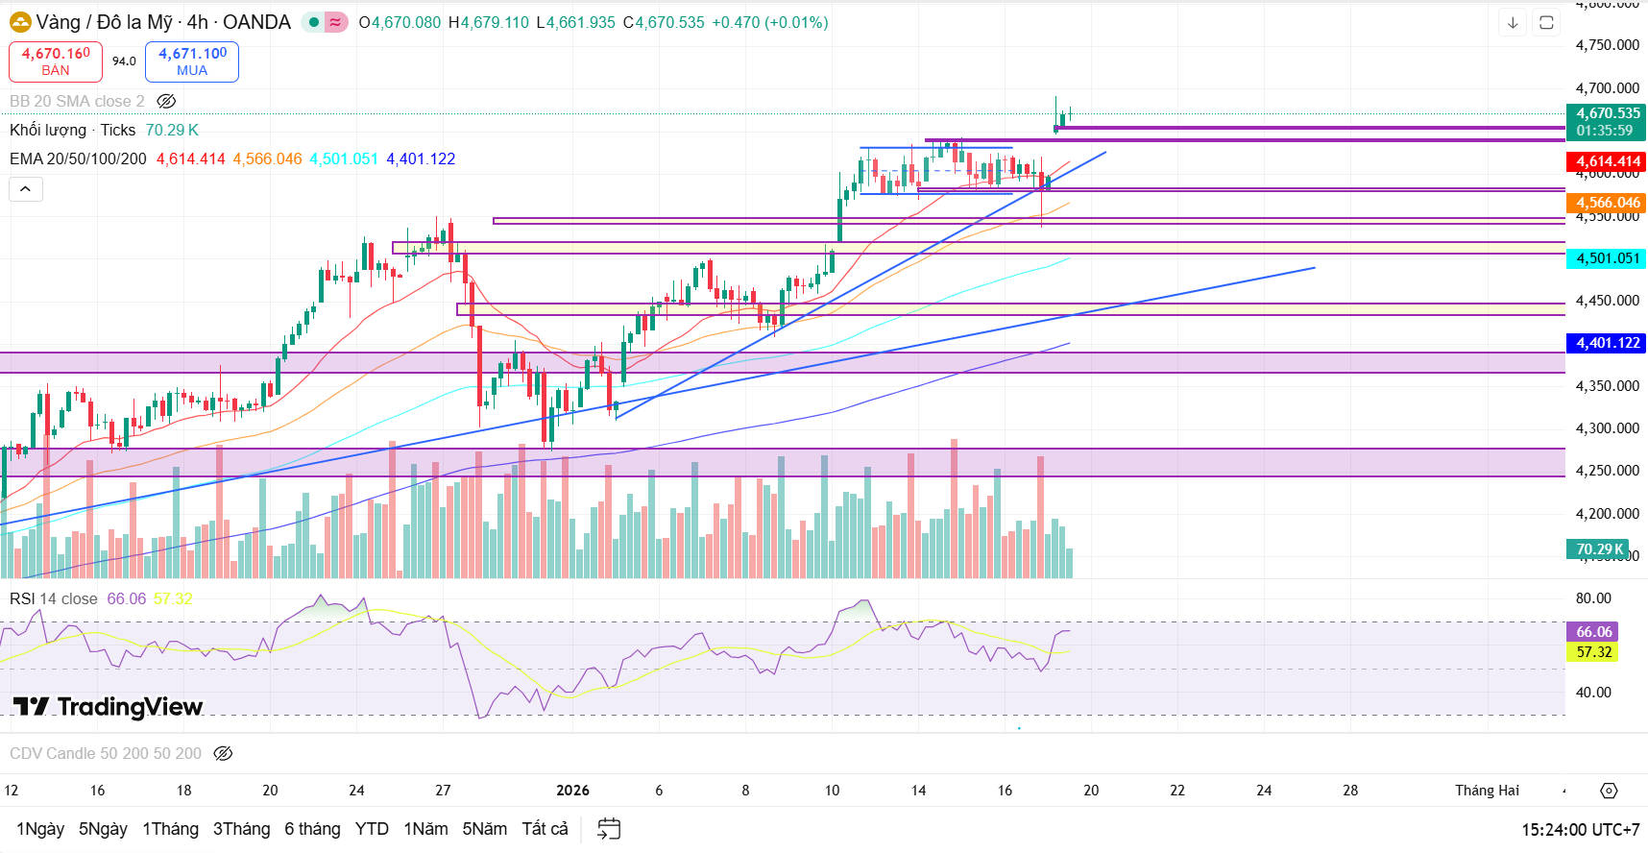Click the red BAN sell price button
point(56,61)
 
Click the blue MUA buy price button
point(192,61)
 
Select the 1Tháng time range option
point(170,829)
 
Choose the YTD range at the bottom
point(372,829)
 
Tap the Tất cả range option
point(545,829)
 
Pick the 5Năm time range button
point(484,829)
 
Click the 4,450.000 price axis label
point(1607,301)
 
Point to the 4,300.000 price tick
point(1607,428)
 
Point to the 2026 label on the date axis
point(572,791)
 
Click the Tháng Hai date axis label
point(1487,791)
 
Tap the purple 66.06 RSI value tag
point(1594,632)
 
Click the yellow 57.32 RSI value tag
point(1594,652)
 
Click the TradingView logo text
point(109,707)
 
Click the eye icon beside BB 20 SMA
point(166,101)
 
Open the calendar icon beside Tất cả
point(609,829)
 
